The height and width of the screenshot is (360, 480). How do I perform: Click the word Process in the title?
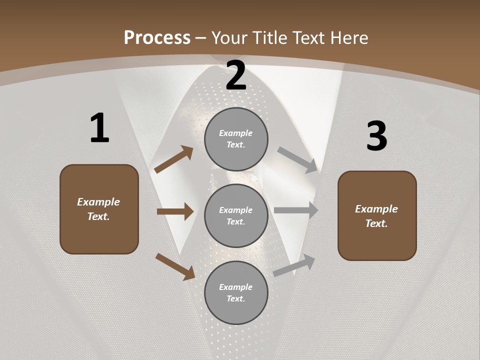(x=157, y=38)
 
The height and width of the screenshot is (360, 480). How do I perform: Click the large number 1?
(x=99, y=128)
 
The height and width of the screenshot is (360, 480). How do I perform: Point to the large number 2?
(x=236, y=75)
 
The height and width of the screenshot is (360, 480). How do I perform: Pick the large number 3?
(x=376, y=136)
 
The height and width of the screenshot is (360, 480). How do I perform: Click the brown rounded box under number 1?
(x=99, y=209)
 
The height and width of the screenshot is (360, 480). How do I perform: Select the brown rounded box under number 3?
(x=377, y=216)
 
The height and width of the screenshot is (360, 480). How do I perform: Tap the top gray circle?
(x=236, y=139)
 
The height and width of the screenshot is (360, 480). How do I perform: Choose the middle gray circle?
(x=236, y=215)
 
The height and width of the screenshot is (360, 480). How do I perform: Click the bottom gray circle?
(x=236, y=292)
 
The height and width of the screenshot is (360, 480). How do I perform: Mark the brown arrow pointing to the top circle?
(x=173, y=159)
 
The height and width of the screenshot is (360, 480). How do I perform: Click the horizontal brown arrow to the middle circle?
(x=175, y=211)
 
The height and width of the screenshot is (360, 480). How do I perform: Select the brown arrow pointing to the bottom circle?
(x=175, y=266)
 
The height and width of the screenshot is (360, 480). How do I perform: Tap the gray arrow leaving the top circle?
(x=297, y=159)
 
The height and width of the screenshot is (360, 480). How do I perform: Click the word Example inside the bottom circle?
(x=236, y=287)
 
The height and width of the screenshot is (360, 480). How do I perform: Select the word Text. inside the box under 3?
(x=376, y=223)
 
